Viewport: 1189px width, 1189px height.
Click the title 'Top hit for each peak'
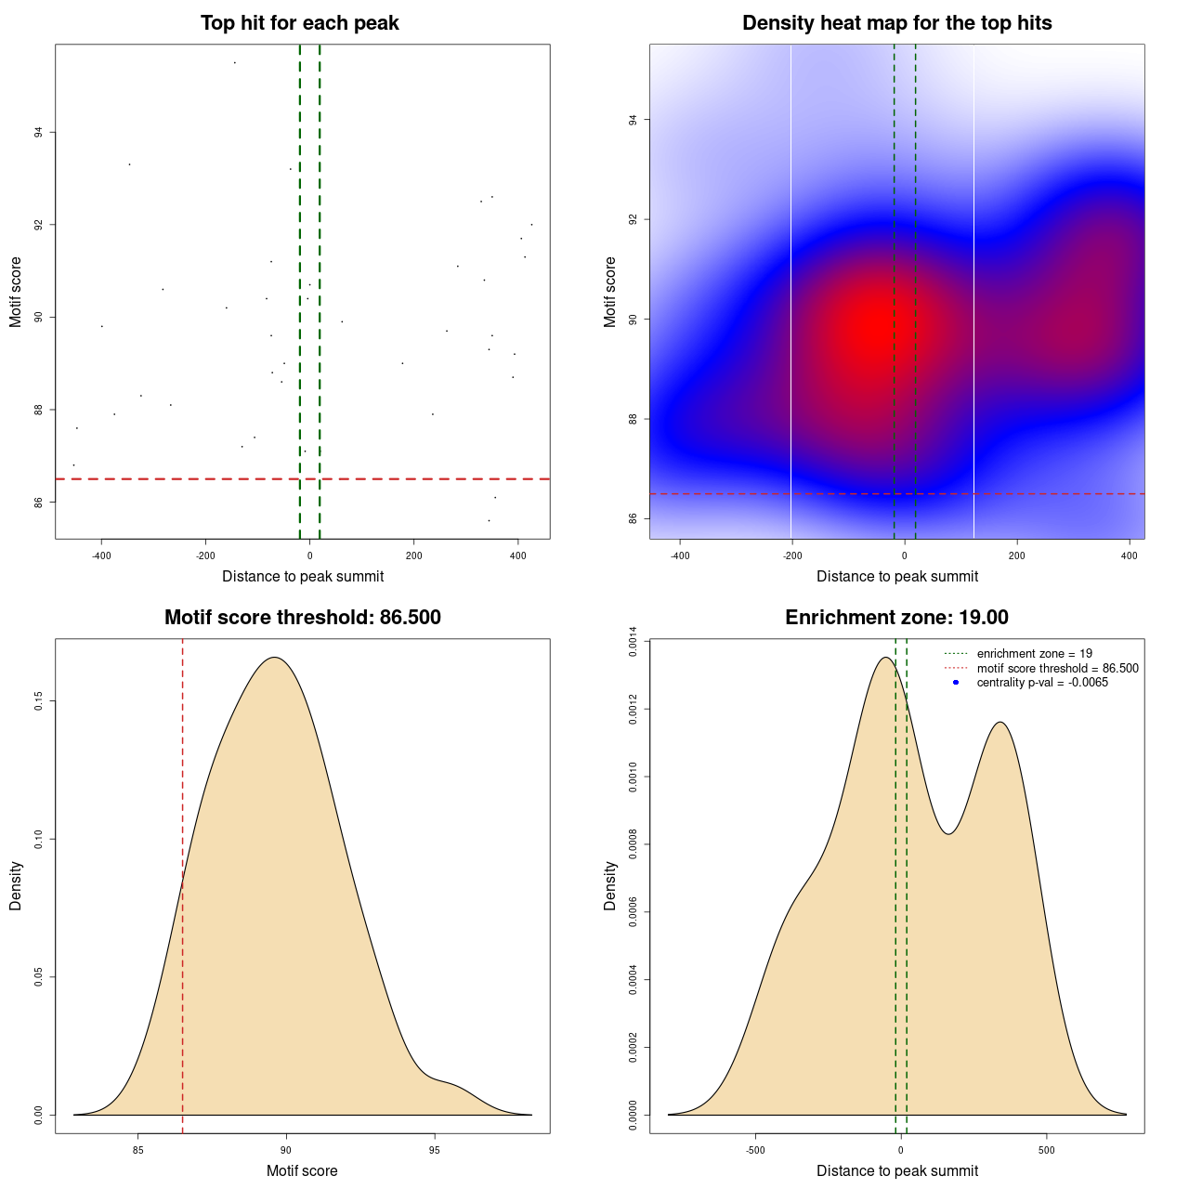[299, 23]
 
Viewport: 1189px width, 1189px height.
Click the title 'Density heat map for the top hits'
[896, 23]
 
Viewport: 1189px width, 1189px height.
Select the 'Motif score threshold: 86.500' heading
[302, 618]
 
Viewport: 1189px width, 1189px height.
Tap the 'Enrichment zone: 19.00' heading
[896, 618]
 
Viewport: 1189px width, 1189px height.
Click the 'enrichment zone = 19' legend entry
[1034, 654]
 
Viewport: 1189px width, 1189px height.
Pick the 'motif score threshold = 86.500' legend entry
[1057, 669]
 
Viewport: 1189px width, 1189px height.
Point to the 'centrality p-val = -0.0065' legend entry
[1042, 683]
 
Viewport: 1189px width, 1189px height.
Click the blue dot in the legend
[956, 683]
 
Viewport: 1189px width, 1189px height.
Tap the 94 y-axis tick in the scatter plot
[39, 133]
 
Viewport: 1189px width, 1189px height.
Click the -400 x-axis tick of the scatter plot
[101, 556]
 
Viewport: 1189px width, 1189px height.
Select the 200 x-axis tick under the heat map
[1017, 556]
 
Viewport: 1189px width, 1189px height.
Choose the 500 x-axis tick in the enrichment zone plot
[1047, 1150]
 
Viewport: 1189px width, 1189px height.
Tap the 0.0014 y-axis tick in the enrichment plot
[634, 642]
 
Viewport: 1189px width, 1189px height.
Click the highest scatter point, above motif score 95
[234, 62]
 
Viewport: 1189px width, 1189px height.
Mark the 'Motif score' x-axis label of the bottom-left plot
[302, 1171]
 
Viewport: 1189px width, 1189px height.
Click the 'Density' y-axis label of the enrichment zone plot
[610, 885]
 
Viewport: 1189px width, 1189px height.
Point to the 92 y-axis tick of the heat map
[634, 220]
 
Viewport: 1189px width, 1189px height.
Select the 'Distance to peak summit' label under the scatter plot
[303, 577]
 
